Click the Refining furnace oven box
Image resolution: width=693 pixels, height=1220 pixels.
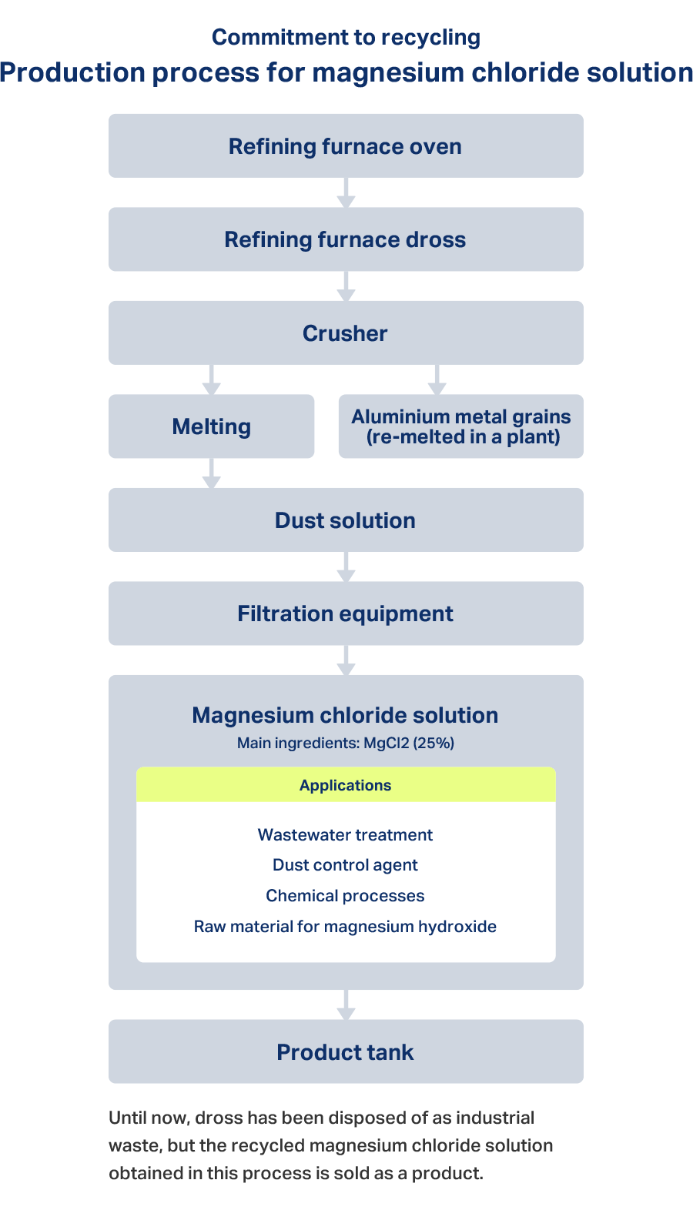[346, 146]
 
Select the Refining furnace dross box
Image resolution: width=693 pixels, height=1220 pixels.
[346, 239]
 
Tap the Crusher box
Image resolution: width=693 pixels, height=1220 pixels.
[346, 333]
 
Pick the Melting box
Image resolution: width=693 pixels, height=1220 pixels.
[212, 426]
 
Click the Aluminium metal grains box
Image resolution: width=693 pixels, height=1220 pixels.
[461, 426]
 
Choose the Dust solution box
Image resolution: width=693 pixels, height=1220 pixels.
[346, 520]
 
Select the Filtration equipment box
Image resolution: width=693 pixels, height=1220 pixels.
[346, 613]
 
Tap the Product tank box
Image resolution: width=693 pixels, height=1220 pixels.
[346, 1051]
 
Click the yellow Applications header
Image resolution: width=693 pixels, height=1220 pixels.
[346, 785]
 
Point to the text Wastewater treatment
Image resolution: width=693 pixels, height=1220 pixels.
[346, 835]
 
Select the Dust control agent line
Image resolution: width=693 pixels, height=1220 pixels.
[346, 865]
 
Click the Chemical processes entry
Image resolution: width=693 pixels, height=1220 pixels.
[346, 896]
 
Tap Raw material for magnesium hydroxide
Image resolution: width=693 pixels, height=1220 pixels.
[346, 927]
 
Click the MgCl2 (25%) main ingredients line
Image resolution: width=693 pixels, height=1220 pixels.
[346, 744]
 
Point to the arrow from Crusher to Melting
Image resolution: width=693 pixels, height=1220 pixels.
[212, 379]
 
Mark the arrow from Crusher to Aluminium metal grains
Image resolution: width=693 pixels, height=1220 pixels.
[437, 379]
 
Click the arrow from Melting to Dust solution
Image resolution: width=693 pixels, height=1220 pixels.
[212, 473]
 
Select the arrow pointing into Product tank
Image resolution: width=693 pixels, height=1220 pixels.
[346, 1005]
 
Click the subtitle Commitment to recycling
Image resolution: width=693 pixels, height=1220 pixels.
[346, 38]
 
